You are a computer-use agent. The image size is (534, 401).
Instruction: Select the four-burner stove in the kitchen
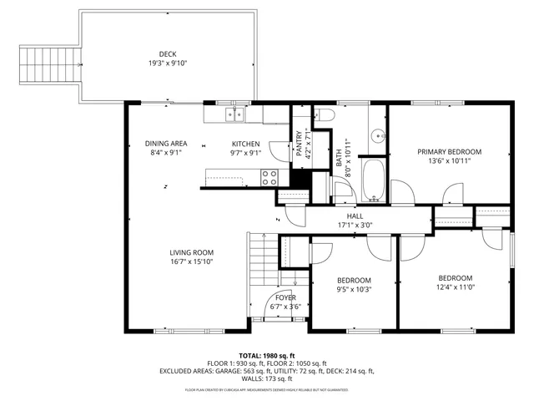pos(270,176)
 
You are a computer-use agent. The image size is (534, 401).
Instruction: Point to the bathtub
pos(375,180)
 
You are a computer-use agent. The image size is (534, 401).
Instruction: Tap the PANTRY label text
pos(298,143)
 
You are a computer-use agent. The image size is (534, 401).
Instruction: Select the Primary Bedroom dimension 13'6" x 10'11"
pos(450,161)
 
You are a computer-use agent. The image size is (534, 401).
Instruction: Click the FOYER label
pos(285,297)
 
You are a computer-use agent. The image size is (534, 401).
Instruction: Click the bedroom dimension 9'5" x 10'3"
pos(354,289)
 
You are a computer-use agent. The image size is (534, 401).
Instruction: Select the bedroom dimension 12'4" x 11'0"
pos(456,287)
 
